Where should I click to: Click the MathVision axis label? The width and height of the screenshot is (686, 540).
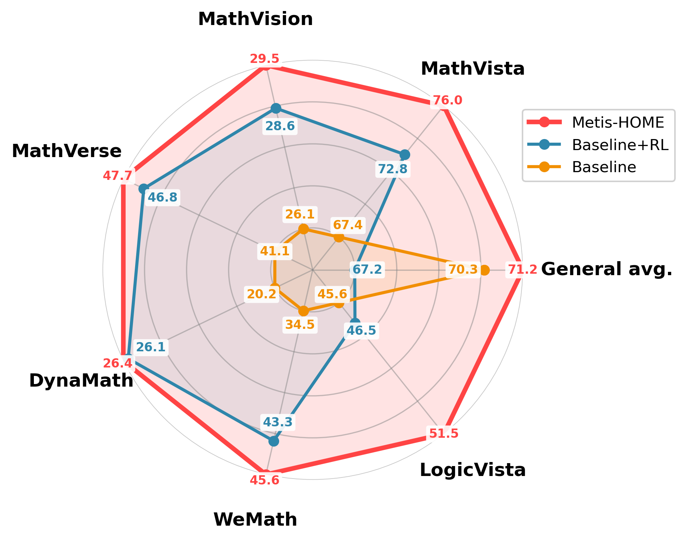coord(256,19)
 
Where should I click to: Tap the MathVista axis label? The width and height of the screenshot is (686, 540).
coord(472,69)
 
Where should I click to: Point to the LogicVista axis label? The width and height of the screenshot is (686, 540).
coord(472,470)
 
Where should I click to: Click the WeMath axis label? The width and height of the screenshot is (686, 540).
coord(255,520)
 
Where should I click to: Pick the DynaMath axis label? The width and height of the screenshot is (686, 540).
coord(81,381)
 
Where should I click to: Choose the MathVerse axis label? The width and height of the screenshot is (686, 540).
coord(67,151)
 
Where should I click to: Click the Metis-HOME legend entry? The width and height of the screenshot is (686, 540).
coord(618,122)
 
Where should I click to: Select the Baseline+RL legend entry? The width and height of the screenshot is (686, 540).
coord(620,145)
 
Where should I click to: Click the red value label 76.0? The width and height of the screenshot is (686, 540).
coord(447,100)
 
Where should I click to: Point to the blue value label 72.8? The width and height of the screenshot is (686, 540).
coord(393,169)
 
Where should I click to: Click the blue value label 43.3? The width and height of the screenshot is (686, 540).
coord(277,422)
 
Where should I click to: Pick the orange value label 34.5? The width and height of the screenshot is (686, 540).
coord(300,324)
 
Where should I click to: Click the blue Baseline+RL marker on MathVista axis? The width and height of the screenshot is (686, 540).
coord(405,154)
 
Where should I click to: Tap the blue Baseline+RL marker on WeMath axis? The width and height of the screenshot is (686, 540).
coord(274,441)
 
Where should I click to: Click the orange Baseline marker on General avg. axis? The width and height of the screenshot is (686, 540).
coord(485,270)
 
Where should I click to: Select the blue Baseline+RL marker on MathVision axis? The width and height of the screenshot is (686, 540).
coord(275,108)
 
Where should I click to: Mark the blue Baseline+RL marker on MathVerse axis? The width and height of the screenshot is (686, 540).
coord(143,189)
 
